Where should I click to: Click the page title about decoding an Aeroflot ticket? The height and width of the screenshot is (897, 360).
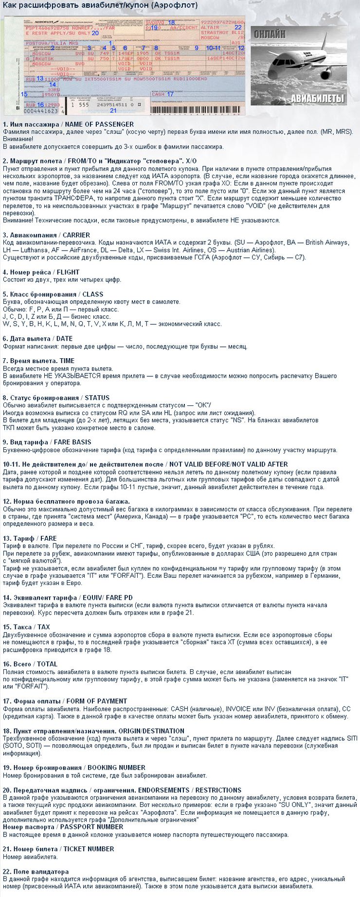[x=100, y=5]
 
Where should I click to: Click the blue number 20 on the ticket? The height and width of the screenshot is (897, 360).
[x=95, y=33]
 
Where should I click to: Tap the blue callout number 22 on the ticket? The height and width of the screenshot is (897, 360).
[x=238, y=27]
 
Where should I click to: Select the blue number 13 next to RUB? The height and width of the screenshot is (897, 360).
[x=40, y=78]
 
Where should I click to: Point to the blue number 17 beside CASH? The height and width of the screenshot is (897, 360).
[x=170, y=94]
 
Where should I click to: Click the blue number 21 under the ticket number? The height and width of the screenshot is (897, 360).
[x=113, y=110]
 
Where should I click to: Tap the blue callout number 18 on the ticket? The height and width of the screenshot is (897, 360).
[x=171, y=22]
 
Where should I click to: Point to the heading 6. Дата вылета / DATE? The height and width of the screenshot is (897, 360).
[x=37, y=339]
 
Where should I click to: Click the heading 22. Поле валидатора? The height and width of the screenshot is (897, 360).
[x=36, y=872]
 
